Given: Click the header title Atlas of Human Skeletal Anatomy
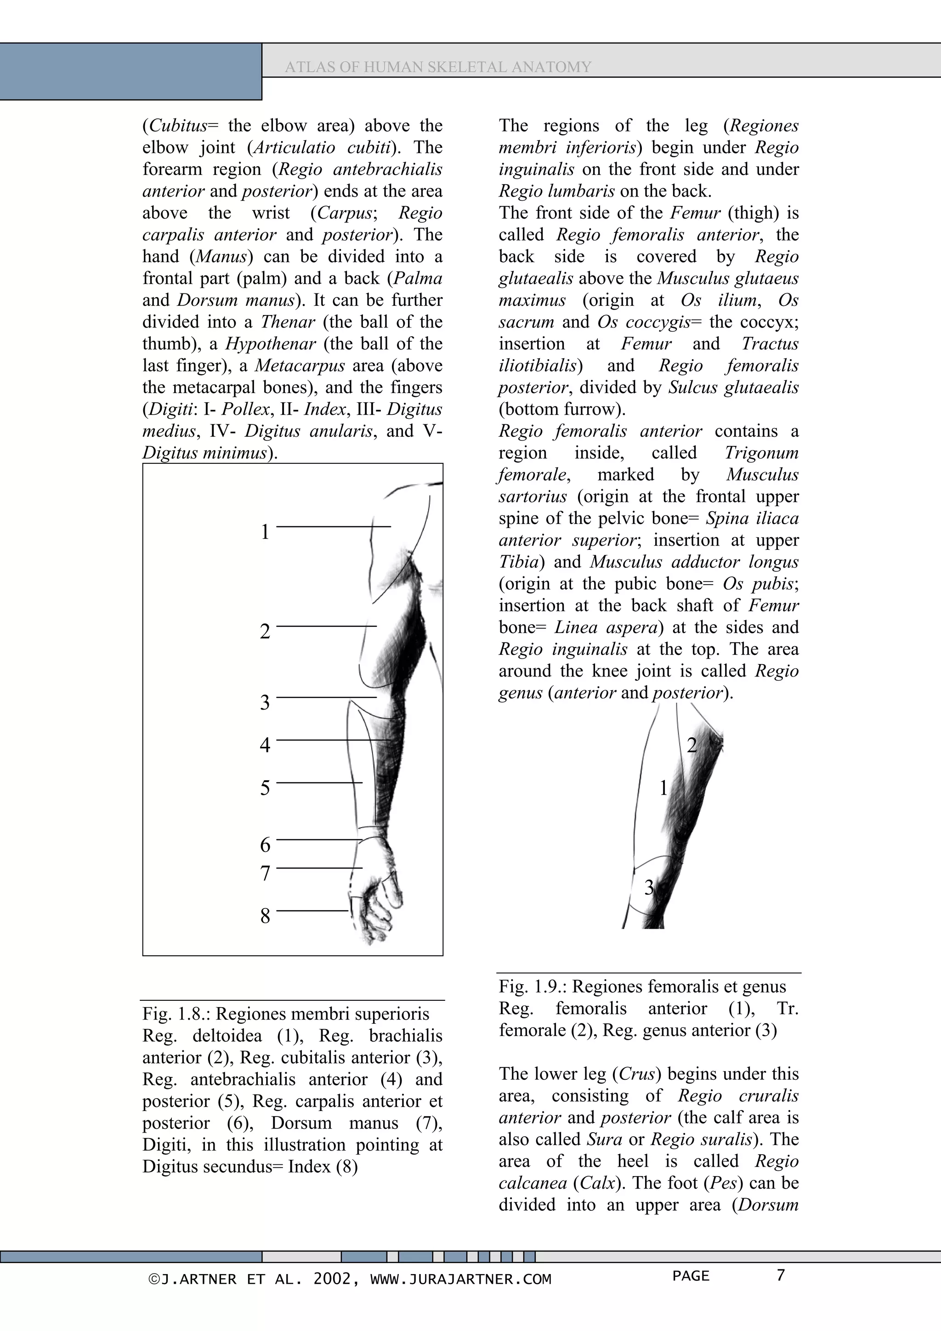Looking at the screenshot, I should (x=438, y=67).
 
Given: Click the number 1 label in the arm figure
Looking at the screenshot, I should (x=265, y=531).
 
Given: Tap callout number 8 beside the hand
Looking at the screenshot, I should (x=265, y=916).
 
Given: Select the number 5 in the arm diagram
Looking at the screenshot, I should (x=265, y=788).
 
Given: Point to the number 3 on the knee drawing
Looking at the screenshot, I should (x=649, y=887).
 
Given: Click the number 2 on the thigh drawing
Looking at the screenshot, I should (x=691, y=745).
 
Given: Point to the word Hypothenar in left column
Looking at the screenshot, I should (x=270, y=344).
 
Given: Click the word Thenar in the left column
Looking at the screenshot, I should (x=288, y=322).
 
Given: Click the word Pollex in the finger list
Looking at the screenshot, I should (x=246, y=409).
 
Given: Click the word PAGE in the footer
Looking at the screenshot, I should (x=691, y=1276).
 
